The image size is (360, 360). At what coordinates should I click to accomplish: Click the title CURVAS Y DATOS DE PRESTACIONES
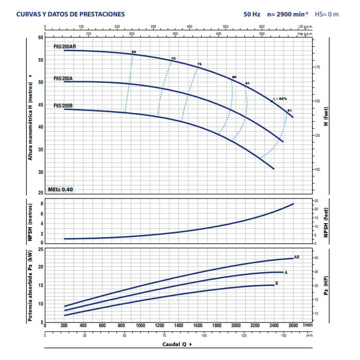70,14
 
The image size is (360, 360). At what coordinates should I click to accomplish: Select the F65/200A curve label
63,78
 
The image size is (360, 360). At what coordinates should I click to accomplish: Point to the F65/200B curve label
63,105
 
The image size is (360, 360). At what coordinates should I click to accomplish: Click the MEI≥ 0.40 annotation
60,189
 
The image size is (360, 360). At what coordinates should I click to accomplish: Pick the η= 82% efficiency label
279,99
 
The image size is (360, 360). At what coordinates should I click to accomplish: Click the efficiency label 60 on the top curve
133,53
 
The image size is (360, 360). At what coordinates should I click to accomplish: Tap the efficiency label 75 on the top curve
199,64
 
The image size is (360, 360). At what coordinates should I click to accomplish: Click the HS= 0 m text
327,14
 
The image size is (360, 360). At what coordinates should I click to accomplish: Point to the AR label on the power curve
297,257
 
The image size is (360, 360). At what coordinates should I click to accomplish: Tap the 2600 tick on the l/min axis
293,326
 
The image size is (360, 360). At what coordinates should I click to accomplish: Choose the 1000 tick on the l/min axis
140,326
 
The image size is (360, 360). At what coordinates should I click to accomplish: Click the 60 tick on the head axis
41,38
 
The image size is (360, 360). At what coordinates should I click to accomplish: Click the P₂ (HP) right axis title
326,285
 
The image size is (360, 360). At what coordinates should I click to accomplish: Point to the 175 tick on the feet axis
317,67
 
